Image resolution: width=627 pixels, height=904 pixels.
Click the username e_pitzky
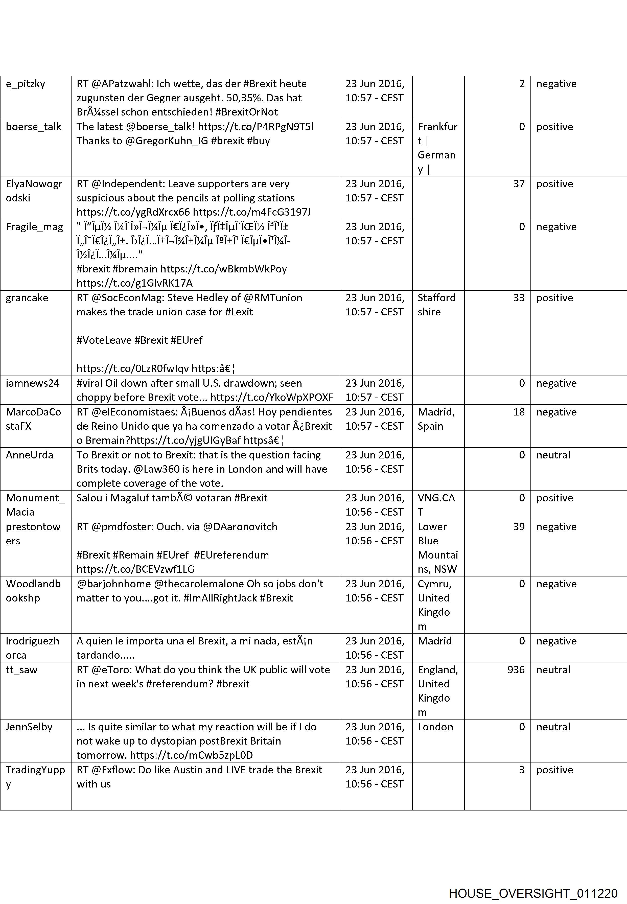click(x=26, y=84)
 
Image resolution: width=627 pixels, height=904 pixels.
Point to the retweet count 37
click(x=519, y=184)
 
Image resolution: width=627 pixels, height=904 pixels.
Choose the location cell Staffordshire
click(x=436, y=305)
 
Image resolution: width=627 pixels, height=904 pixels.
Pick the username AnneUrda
click(x=30, y=455)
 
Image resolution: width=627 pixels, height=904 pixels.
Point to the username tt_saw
click(x=21, y=669)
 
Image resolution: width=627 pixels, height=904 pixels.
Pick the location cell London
click(x=435, y=727)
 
